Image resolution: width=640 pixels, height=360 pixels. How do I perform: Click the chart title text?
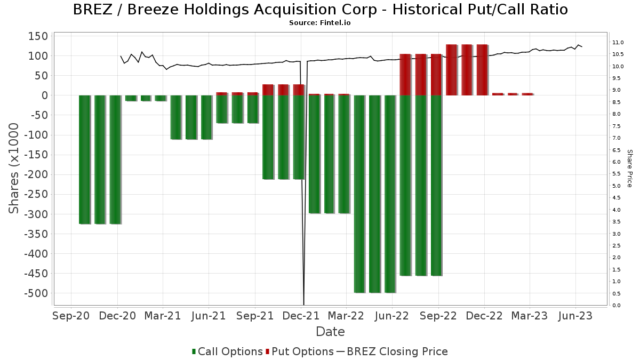(x=320, y=10)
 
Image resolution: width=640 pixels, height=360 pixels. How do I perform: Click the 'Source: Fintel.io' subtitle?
(x=320, y=23)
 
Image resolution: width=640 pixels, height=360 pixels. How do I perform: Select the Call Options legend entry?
(x=227, y=351)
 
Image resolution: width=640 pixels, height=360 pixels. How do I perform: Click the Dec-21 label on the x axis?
(x=301, y=316)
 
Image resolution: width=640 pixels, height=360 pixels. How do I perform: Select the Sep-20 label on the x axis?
(x=71, y=316)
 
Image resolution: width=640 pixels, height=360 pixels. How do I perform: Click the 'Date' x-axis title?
(x=330, y=332)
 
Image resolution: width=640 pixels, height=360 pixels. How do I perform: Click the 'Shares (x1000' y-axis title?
(x=14, y=168)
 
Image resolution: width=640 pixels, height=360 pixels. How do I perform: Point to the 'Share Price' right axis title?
(x=629, y=168)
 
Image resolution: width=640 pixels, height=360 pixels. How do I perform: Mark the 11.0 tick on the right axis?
(x=618, y=43)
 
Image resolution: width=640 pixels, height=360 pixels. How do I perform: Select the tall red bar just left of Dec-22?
(x=482, y=70)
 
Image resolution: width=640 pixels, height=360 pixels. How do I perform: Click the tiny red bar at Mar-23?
(x=527, y=94)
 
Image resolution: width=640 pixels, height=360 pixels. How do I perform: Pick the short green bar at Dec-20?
(x=131, y=98)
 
